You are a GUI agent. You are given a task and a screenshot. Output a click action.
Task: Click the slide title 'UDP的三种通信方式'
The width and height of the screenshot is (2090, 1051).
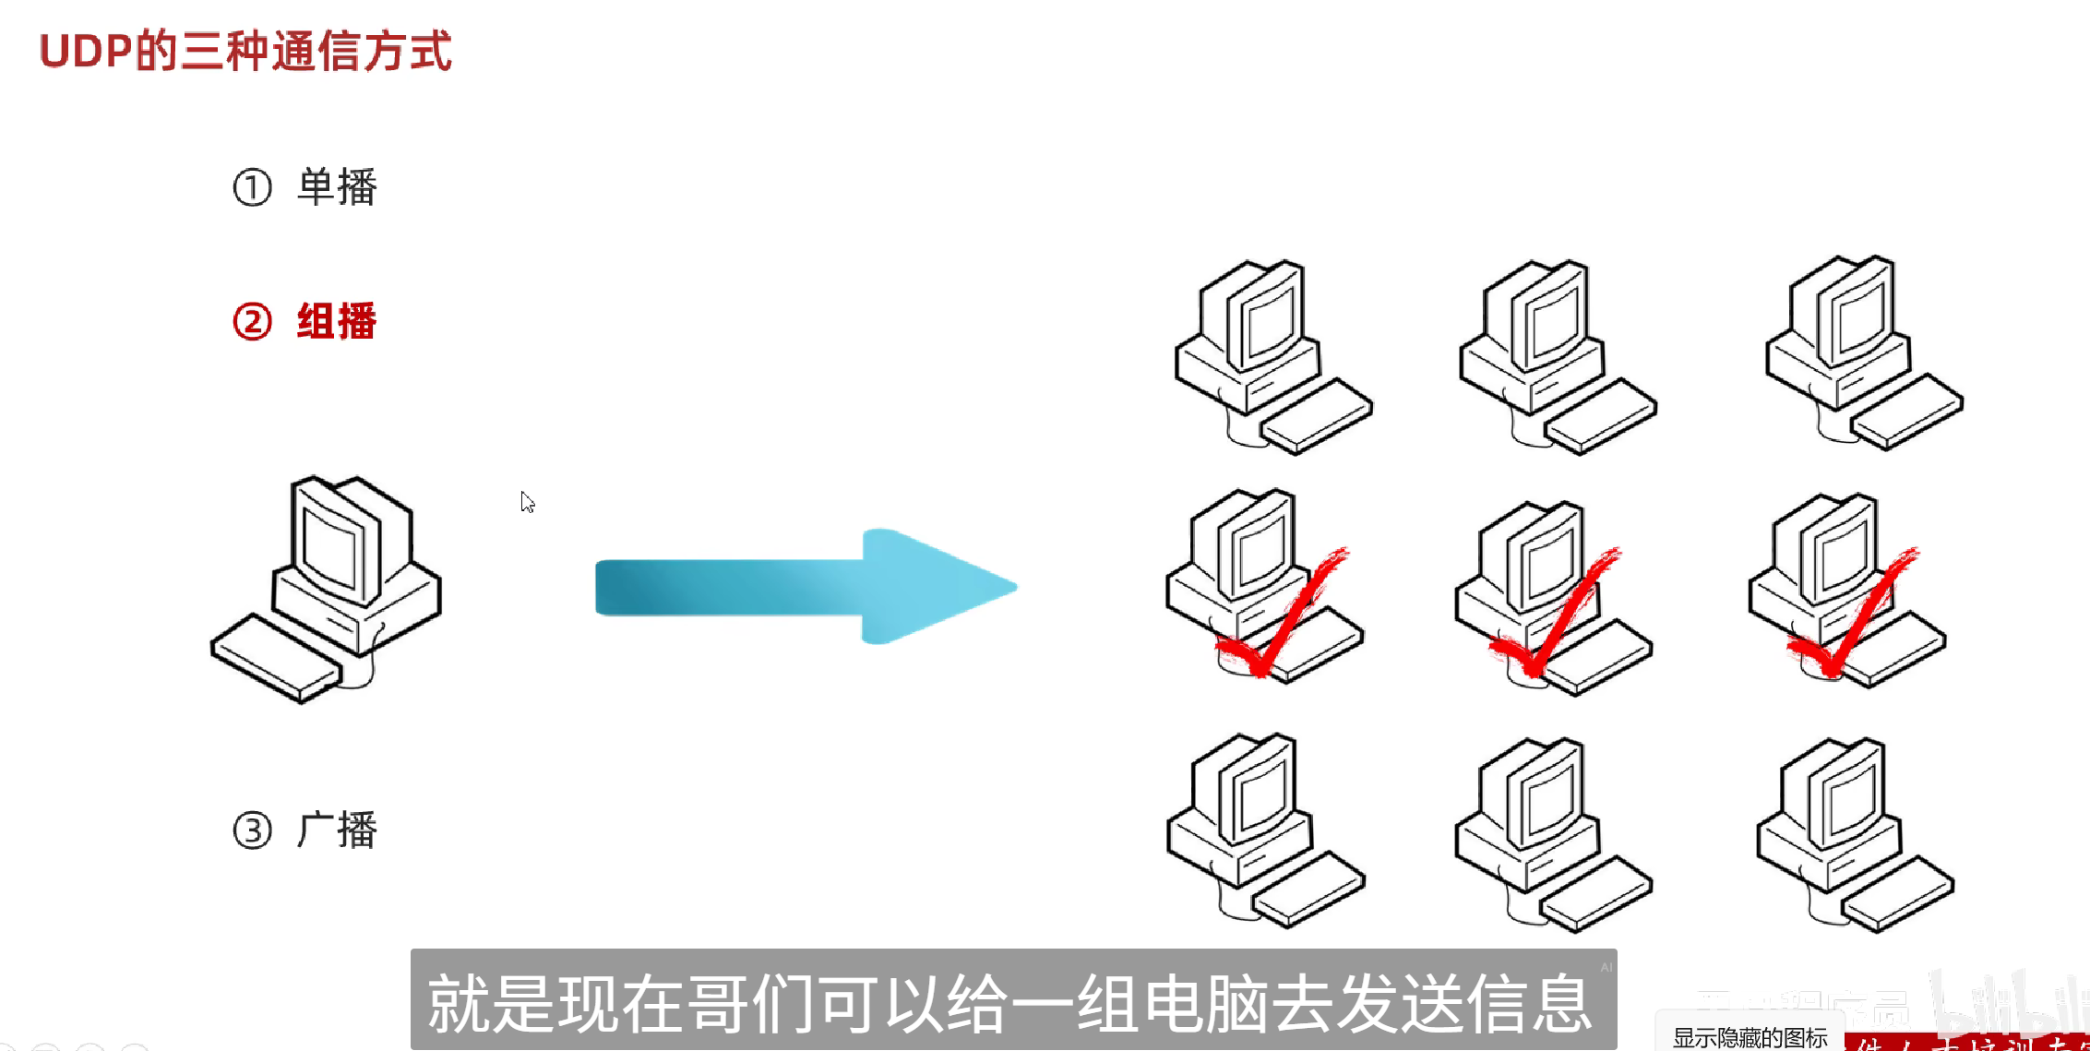(x=245, y=51)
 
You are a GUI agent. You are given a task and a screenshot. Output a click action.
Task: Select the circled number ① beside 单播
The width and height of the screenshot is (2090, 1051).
(x=252, y=187)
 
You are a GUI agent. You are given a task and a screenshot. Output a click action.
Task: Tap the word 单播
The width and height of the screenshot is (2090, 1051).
(x=337, y=187)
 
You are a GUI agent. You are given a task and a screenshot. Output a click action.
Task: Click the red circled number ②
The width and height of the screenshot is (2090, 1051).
(x=252, y=322)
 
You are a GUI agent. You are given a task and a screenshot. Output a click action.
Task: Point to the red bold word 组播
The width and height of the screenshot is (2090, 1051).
(x=337, y=322)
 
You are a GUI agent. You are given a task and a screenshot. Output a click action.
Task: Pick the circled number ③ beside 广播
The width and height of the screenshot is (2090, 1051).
(x=252, y=830)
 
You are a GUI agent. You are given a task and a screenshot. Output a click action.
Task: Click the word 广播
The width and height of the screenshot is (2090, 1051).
(x=337, y=830)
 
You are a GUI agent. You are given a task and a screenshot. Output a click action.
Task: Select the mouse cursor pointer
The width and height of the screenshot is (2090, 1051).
(x=527, y=502)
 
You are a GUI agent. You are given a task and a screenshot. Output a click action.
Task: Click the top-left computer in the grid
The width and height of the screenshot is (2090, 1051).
(x=1272, y=355)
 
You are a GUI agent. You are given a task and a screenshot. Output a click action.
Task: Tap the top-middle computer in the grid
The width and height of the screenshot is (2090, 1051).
(x=1557, y=355)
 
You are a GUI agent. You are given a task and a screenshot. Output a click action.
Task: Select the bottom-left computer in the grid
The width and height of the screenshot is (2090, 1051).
(x=1264, y=830)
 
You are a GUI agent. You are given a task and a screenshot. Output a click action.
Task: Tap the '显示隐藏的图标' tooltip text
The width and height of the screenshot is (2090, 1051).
(x=1750, y=1038)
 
